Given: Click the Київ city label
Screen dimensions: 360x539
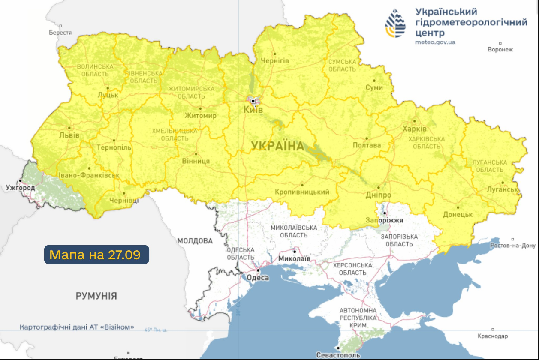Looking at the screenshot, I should click(x=253, y=110).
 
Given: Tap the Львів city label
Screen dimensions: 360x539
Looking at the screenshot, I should click(x=69, y=135).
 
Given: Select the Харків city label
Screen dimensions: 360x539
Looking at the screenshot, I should click(x=414, y=129).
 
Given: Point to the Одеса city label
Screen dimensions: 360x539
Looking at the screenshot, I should click(x=258, y=278).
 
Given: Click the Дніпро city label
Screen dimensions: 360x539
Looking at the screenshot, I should click(x=379, y=195).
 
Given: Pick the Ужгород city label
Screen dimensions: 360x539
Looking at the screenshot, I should click(x=20, y=188).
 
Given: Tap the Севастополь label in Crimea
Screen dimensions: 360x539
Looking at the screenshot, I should click(x=338, y=355).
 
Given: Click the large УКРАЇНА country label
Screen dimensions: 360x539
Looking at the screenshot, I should click(x=277, y=146).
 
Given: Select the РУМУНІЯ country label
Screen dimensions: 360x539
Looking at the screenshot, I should click(x=96, y=296).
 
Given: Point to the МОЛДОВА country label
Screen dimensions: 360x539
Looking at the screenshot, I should click(x=195, y=241).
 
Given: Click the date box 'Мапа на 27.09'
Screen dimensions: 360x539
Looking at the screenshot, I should click(x=96, y=255).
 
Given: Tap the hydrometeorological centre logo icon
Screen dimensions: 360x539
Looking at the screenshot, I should click(x=395, y=24).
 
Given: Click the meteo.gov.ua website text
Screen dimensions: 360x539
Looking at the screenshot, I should click(x=435, y=42).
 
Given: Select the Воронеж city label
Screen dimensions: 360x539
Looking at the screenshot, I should click(x=500, y=49).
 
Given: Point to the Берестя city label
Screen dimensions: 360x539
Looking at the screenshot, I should click(x=60, y=32).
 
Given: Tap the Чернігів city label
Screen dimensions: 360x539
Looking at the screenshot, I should click(x=275, y=61).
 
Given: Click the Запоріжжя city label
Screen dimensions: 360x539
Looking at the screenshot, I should click(x=385, y=220).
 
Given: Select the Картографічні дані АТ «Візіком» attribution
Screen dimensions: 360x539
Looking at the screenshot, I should click(x=77, y=327).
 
